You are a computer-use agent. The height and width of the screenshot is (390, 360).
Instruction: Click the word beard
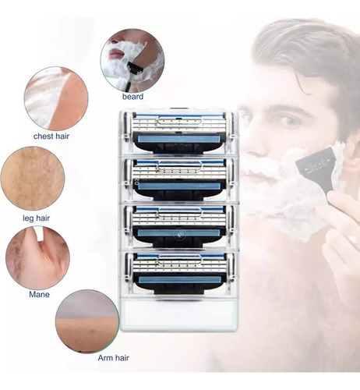click(132, 97)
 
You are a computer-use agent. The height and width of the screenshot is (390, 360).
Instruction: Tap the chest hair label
click(51, 136)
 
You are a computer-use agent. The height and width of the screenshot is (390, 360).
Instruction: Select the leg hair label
click(36, 218)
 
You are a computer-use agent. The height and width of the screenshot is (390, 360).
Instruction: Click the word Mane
click(39, 294)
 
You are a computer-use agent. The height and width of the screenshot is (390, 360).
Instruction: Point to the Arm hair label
click(113, 358)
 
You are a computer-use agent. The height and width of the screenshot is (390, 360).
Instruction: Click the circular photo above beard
click(132, 60)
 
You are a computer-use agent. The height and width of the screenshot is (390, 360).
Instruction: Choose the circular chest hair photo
click(56, 98)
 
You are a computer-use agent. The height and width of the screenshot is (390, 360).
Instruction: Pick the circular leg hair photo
click(33, 179)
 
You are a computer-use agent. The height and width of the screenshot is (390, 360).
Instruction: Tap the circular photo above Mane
click(37, 257)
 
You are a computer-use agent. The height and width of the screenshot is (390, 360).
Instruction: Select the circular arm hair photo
click(87, 321)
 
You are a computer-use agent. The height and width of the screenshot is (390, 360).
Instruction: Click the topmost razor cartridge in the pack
click(179, 133)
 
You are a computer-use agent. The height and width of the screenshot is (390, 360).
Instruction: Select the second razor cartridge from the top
click(179, 180)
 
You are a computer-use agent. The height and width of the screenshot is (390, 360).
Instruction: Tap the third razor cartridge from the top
click(179, 227)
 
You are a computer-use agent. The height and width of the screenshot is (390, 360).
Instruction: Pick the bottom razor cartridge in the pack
click(179, 275)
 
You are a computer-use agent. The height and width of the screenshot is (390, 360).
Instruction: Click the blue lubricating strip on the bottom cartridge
click(180, 280)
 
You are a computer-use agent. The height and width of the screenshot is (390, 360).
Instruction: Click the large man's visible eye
click(289, 121)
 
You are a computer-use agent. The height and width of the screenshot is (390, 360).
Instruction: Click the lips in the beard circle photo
click(116, 54)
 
